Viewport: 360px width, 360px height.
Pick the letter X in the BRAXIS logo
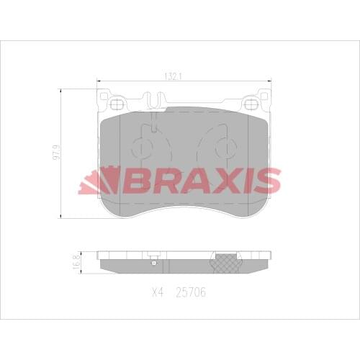point(217,181)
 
